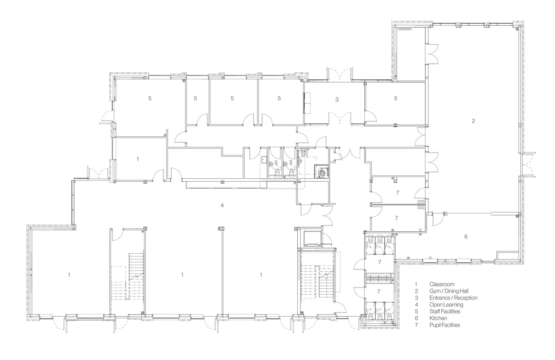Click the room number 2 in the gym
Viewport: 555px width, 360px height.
(x=473, y=121)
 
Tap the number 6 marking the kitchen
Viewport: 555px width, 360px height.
(x=466, y=237)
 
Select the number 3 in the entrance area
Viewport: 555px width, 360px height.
(x=337, y=99)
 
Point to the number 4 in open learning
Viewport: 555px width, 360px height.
(x=222, y=205)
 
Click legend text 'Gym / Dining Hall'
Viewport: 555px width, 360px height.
(x=449, y=291)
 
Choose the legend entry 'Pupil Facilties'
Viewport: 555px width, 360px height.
(x=444, y=325)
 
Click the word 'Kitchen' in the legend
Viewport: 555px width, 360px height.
(x=438, y=318)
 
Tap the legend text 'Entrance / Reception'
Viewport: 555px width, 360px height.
(x=453, y=298)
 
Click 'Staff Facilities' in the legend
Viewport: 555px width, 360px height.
(x=445, y=311)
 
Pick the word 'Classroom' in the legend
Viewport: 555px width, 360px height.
(x=442, y=284)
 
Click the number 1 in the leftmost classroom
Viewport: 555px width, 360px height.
(x=69, y=275)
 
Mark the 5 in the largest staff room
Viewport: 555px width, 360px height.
(x=150, y=98)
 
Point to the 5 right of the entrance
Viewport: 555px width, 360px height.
(x=395, y=98)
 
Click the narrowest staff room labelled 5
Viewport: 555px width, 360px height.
(x=195, y=98)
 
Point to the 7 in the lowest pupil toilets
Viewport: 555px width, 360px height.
(x=379, y=292)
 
